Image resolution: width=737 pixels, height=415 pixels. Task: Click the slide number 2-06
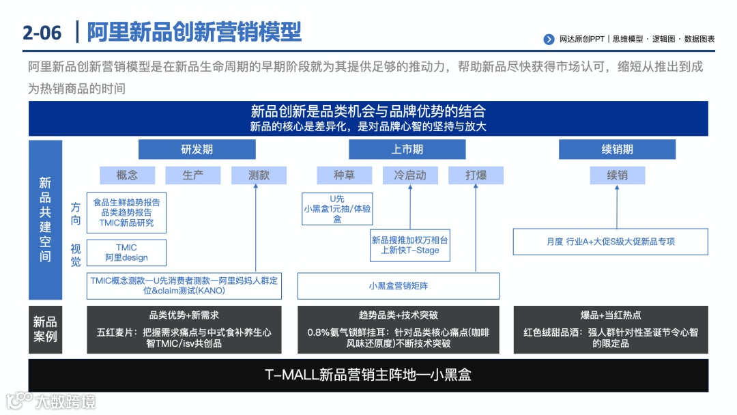[42, 32]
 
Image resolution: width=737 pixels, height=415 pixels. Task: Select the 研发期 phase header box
[197, 149]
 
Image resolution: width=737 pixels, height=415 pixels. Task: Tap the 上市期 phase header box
[407, 149]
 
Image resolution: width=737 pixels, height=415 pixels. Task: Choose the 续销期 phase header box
[617, 149]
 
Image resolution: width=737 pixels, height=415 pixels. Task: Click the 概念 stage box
[127, 175]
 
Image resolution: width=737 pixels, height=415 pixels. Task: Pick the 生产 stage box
[193, 175]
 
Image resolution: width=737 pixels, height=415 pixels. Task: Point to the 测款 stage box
[259, 175]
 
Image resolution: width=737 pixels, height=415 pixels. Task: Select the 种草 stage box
[344, 175]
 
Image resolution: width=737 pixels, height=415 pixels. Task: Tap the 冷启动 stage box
[410, 175]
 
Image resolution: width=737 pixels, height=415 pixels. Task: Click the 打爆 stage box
[476, 175]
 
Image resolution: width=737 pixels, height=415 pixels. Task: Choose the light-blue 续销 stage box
[617, 175]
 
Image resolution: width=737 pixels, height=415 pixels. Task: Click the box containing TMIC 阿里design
[126, 253]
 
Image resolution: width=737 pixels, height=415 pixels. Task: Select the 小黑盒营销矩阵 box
[398, 286]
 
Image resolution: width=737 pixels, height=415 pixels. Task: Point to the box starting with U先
[337, 209]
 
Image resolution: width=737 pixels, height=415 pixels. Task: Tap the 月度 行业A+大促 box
[610, 242]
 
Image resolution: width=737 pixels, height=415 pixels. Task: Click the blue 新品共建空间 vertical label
[45, 220]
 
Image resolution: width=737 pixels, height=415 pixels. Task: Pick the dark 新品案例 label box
[45, 329]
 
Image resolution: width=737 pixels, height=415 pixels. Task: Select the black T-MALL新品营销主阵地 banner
[368, 375]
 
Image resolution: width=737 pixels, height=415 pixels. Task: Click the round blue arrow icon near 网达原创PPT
[549, 40]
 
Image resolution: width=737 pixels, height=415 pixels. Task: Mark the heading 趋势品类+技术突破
[398, 315]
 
